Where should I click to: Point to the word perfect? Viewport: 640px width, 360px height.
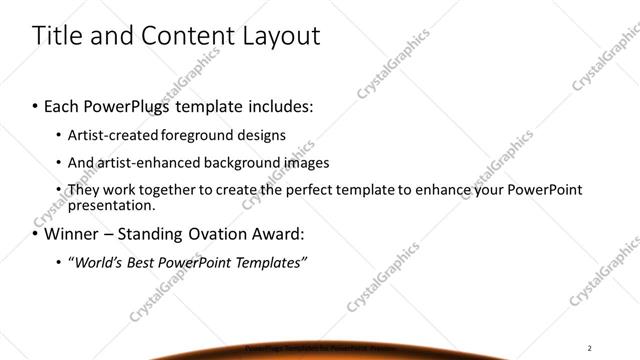coord(331,189)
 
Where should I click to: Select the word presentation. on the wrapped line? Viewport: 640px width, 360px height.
coord(112,205)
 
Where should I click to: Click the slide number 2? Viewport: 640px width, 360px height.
coord(590,347)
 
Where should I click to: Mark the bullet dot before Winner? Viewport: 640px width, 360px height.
coord(35,235)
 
